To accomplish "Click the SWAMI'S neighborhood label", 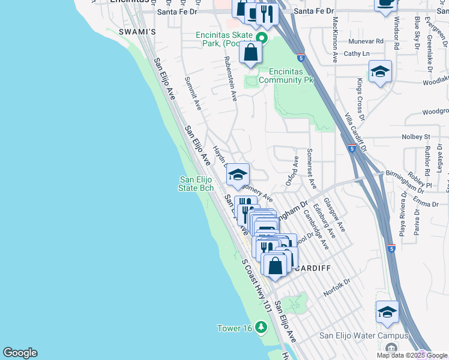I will click(x=137, y=31).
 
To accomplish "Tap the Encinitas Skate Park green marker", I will click(x=262, y=37).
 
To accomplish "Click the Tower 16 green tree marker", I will click(x=261, y=327).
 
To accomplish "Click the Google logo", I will click(x=20, y=353).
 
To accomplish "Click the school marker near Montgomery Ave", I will click(x=238, y=175).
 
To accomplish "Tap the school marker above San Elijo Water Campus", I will click(x=387, y=312).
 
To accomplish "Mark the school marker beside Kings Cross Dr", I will click(x=380, y=71).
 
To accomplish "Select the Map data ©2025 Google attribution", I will click(x=412, y=355).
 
